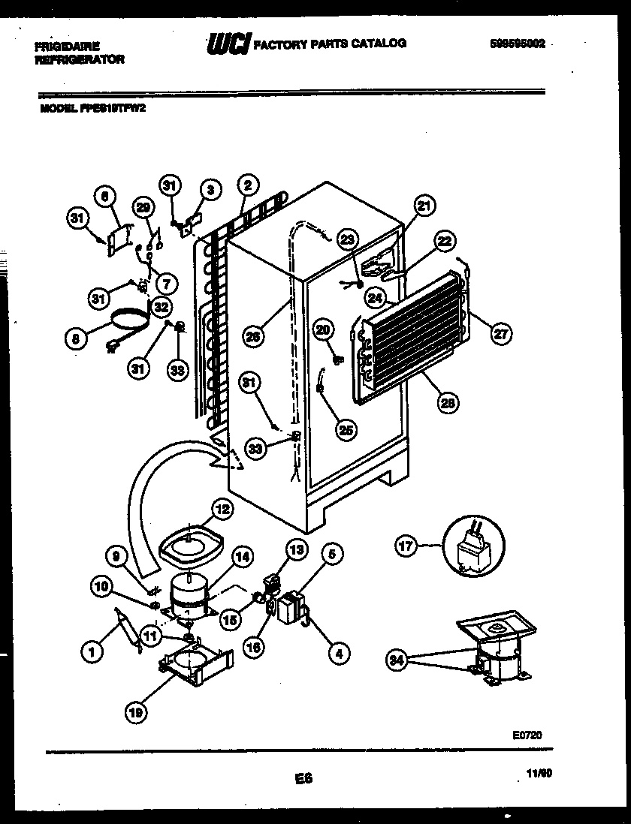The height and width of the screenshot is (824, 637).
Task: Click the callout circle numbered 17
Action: [406, 546]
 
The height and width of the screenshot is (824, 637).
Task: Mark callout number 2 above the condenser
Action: [248, 185]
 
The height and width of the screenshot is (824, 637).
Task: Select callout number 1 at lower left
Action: [92, 653]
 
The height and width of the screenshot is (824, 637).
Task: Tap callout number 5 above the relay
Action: [334, 555]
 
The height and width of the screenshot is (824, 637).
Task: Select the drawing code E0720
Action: [527, 737]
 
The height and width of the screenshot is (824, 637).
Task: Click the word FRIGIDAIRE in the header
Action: [67, 46]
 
